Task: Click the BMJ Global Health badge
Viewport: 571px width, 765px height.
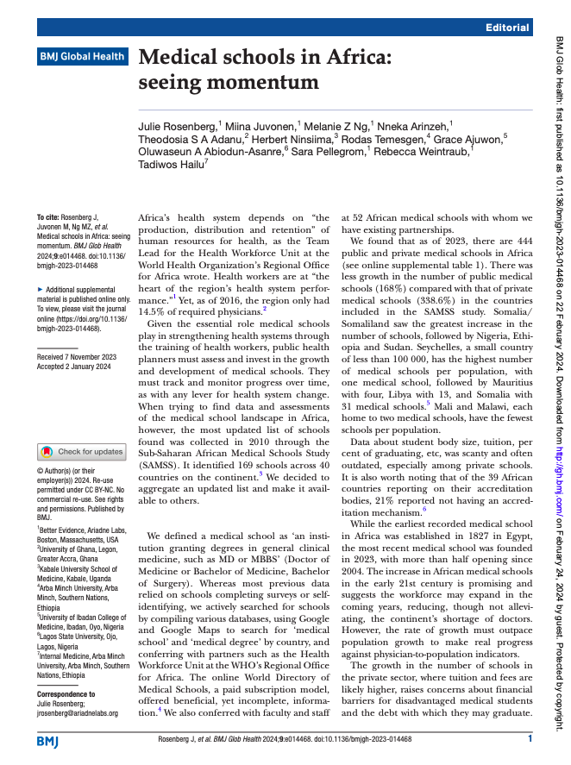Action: point(82,57)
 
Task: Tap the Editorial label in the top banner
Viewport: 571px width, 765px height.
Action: point(507,28)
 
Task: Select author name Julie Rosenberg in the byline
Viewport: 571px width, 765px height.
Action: point(178,127)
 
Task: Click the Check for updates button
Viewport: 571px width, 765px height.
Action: point(82,452)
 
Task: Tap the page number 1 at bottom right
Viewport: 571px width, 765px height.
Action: point(530,739)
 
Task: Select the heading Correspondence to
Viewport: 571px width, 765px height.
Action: point(66,694)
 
